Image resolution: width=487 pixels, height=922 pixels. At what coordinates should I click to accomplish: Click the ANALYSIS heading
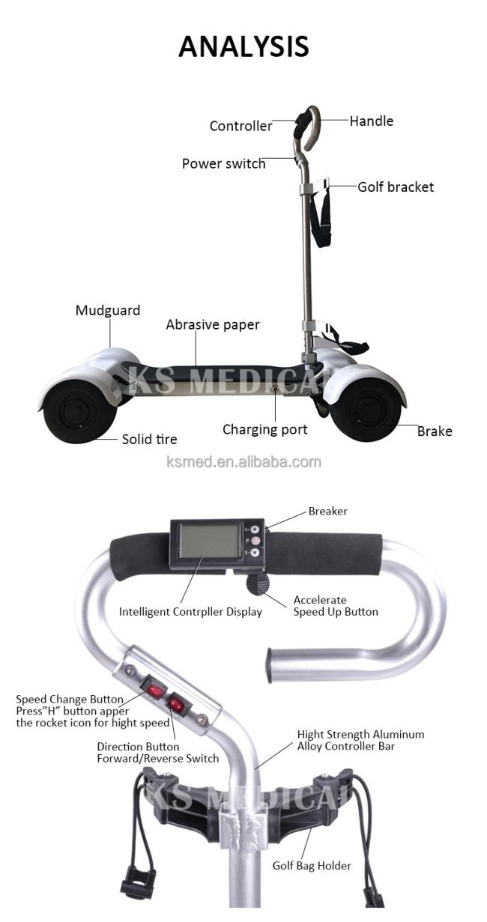(243, 46)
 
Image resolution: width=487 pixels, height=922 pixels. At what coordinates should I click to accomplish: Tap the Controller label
(241, 126)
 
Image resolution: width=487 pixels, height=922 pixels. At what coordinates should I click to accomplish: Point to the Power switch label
(223, 164)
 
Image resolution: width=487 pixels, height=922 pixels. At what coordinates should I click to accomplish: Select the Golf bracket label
(395, 187)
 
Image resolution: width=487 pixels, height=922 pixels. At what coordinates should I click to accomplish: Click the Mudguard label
(107, 310)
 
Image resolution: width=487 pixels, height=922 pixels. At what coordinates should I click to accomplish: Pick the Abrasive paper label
(213, 325)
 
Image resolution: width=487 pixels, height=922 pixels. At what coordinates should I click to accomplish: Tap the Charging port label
(264, 430)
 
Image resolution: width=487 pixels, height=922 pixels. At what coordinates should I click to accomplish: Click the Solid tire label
(149, 439)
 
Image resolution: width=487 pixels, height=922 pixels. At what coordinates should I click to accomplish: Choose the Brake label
(435, 431)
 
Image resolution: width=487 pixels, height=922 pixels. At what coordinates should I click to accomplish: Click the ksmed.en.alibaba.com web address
(243, 462)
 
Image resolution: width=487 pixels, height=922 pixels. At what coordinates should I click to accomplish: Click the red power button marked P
(255, 541)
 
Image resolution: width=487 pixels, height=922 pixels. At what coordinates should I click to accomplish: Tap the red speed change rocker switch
(153, 688)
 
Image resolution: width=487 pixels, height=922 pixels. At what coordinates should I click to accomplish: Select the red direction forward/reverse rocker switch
(178, 705)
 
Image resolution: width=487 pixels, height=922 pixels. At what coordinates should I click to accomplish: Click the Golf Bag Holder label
(312, 866)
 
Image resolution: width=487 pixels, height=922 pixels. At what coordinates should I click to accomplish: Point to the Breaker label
(327, 512)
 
